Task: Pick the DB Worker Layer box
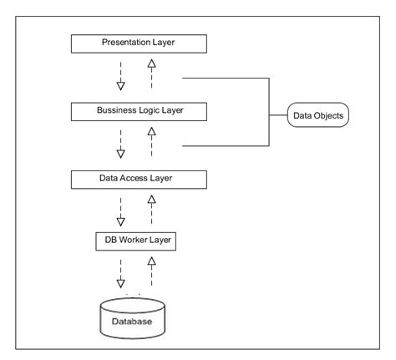click(136, 241)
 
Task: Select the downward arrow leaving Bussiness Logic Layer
click(120, 143)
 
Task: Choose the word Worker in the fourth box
click(136, 241)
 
